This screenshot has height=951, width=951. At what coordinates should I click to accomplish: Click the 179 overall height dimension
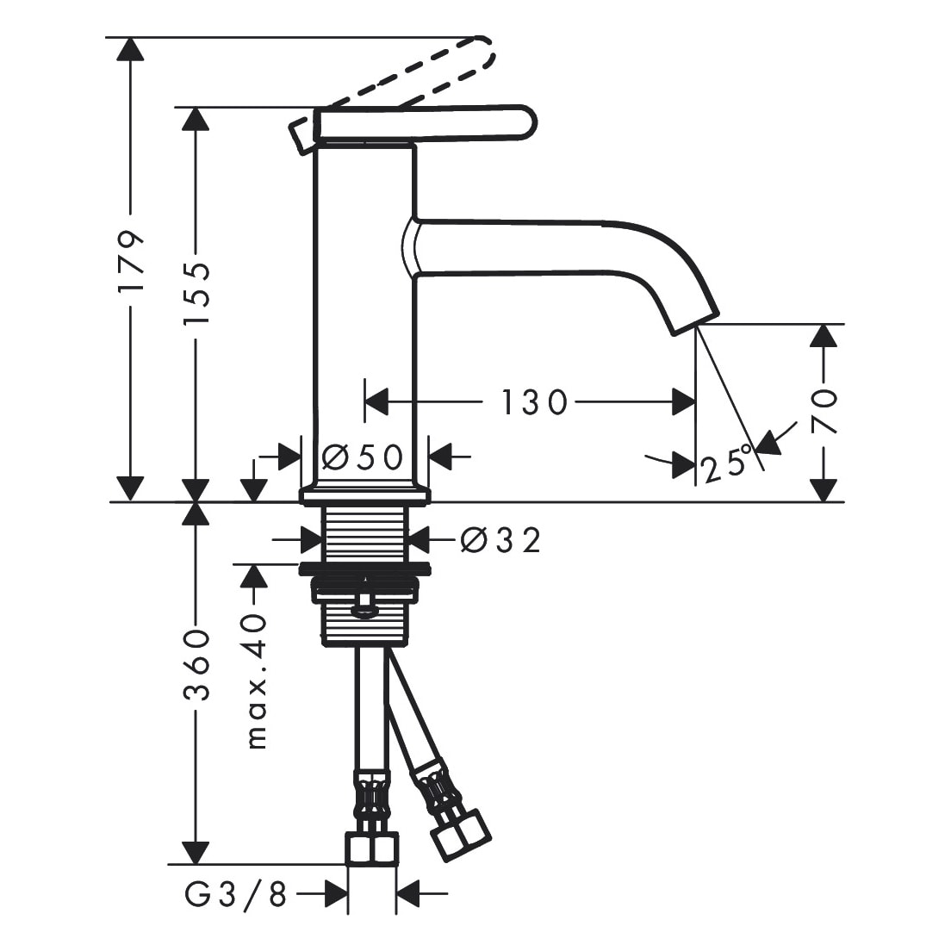point(132,260)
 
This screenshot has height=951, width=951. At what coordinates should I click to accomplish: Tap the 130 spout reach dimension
point(534,402)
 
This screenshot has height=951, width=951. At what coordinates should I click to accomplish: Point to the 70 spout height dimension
point(824,411)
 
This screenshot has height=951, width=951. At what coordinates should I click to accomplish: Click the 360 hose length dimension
point(196,665)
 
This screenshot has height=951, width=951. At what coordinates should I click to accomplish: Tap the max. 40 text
point(258,681)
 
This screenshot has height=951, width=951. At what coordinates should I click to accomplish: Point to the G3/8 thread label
point(235,893)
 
